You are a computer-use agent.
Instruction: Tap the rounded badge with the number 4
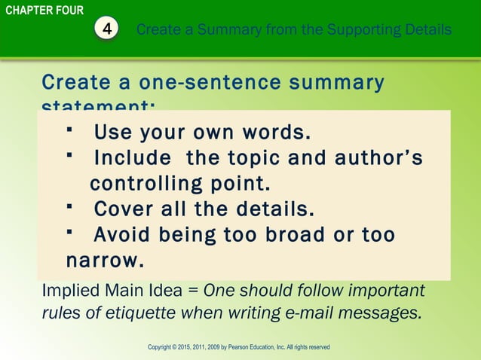click(109, 30)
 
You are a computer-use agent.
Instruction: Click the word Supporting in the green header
click(338, 30)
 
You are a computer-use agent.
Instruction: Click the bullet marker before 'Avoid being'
click(69, 231)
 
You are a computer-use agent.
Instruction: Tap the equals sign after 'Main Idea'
click(194, 291)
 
